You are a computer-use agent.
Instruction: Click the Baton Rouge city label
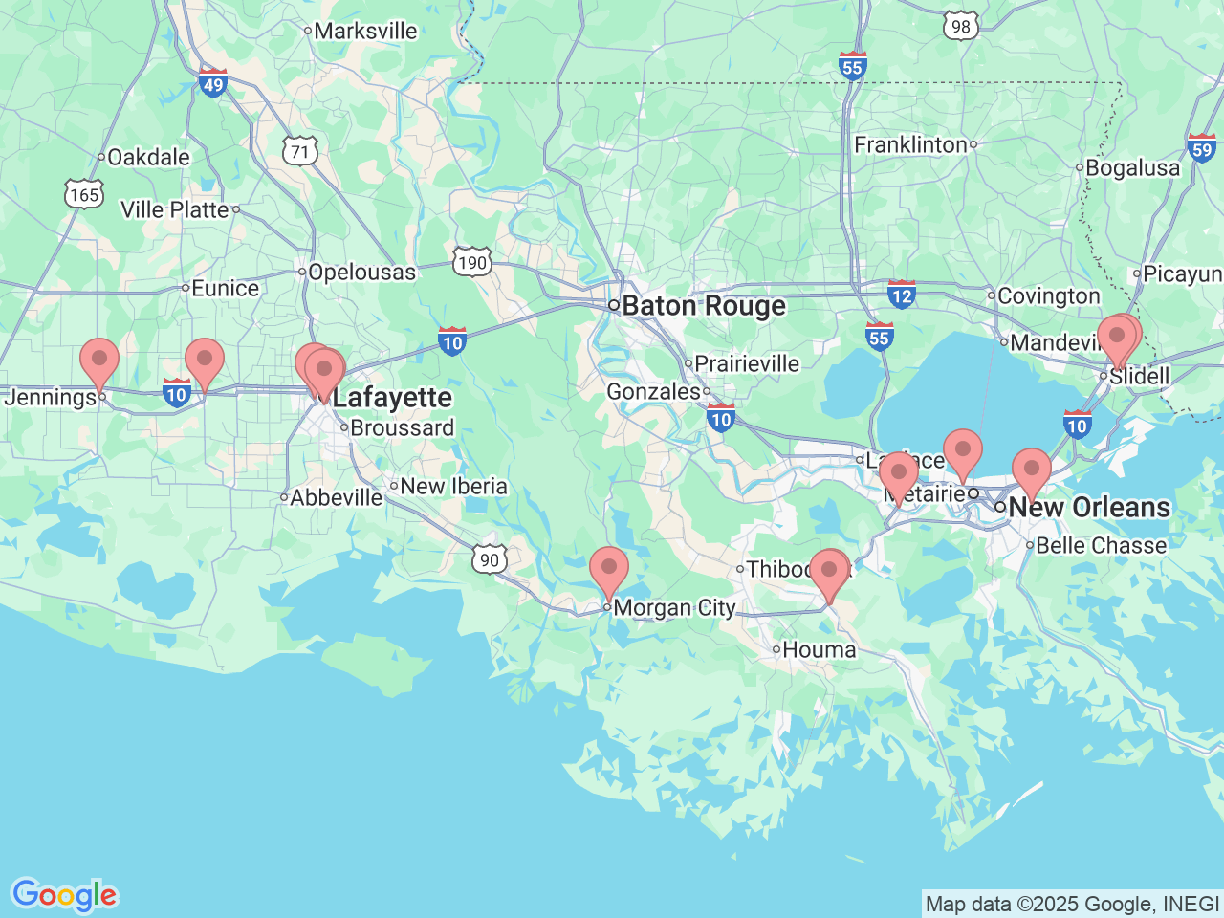pyautogui.click(x=703, y=306)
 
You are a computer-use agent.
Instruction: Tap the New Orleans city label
pyautogui.click(x=1088, y=507)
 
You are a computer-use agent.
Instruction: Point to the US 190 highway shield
pyautogui.click(x=471, y=262)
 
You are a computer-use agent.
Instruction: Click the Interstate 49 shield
pyautogui.click(x=212, y=83)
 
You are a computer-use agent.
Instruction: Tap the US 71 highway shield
pyautogui.click(x=299, y=151)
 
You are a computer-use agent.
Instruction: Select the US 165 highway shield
pyautogui.click(x=84, y=195)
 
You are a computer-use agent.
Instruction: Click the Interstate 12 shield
pyautogui.click(x=901, y=295)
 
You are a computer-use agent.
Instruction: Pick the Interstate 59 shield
pyautogui.click(x=1202, y=147)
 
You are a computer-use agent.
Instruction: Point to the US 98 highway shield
pyautogui.click(x=960, y=26)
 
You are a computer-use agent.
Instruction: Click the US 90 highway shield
pyautogui.click(x=490, y=559)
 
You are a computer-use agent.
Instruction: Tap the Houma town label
pyautogui.click(x=819, y=650)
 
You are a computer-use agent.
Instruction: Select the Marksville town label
pyautogui.click(x=365, y=31)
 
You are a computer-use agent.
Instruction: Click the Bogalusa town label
pyautogui.click(x=1132, y=168)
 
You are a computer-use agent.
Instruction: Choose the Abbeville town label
pyautogui.click(x=336, y=497)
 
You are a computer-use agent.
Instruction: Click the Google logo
pyautogui.click(x=64, y=895)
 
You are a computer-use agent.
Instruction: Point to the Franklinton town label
pyautogui.click(x=910, y=144)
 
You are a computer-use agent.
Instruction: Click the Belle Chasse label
pyautogui.click(x=1101, y=545)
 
